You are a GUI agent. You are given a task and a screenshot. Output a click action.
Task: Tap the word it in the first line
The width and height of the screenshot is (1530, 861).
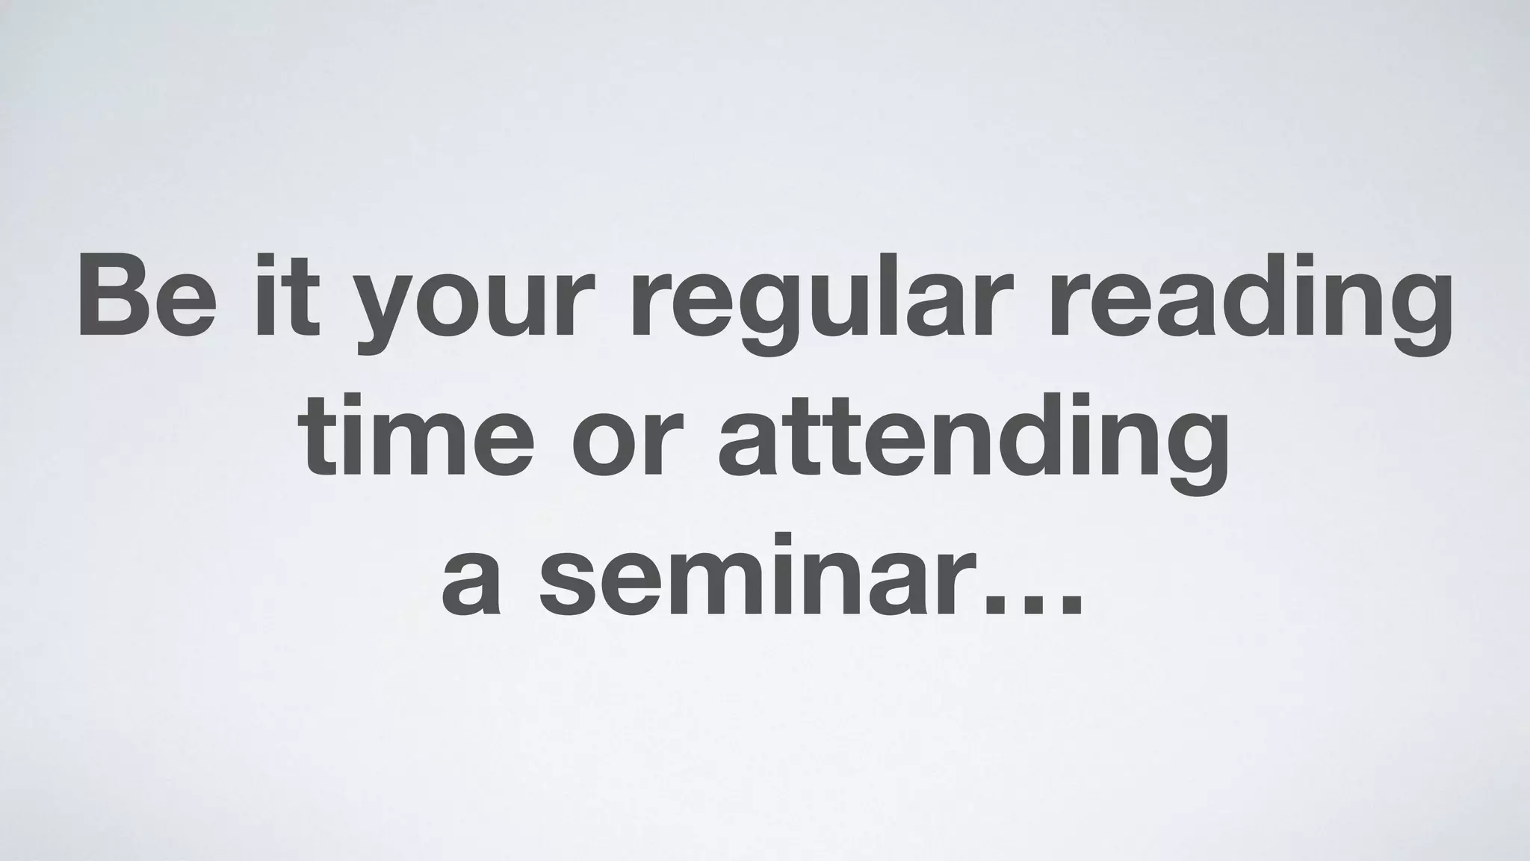click(287, 297)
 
